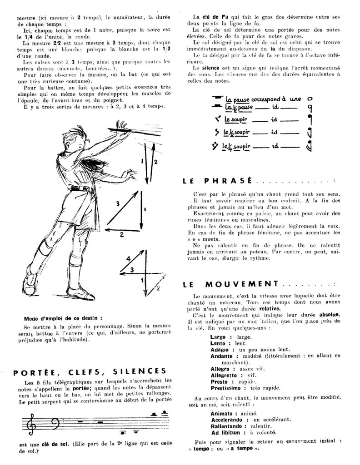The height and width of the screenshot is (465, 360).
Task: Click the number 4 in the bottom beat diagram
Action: (128, 259)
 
